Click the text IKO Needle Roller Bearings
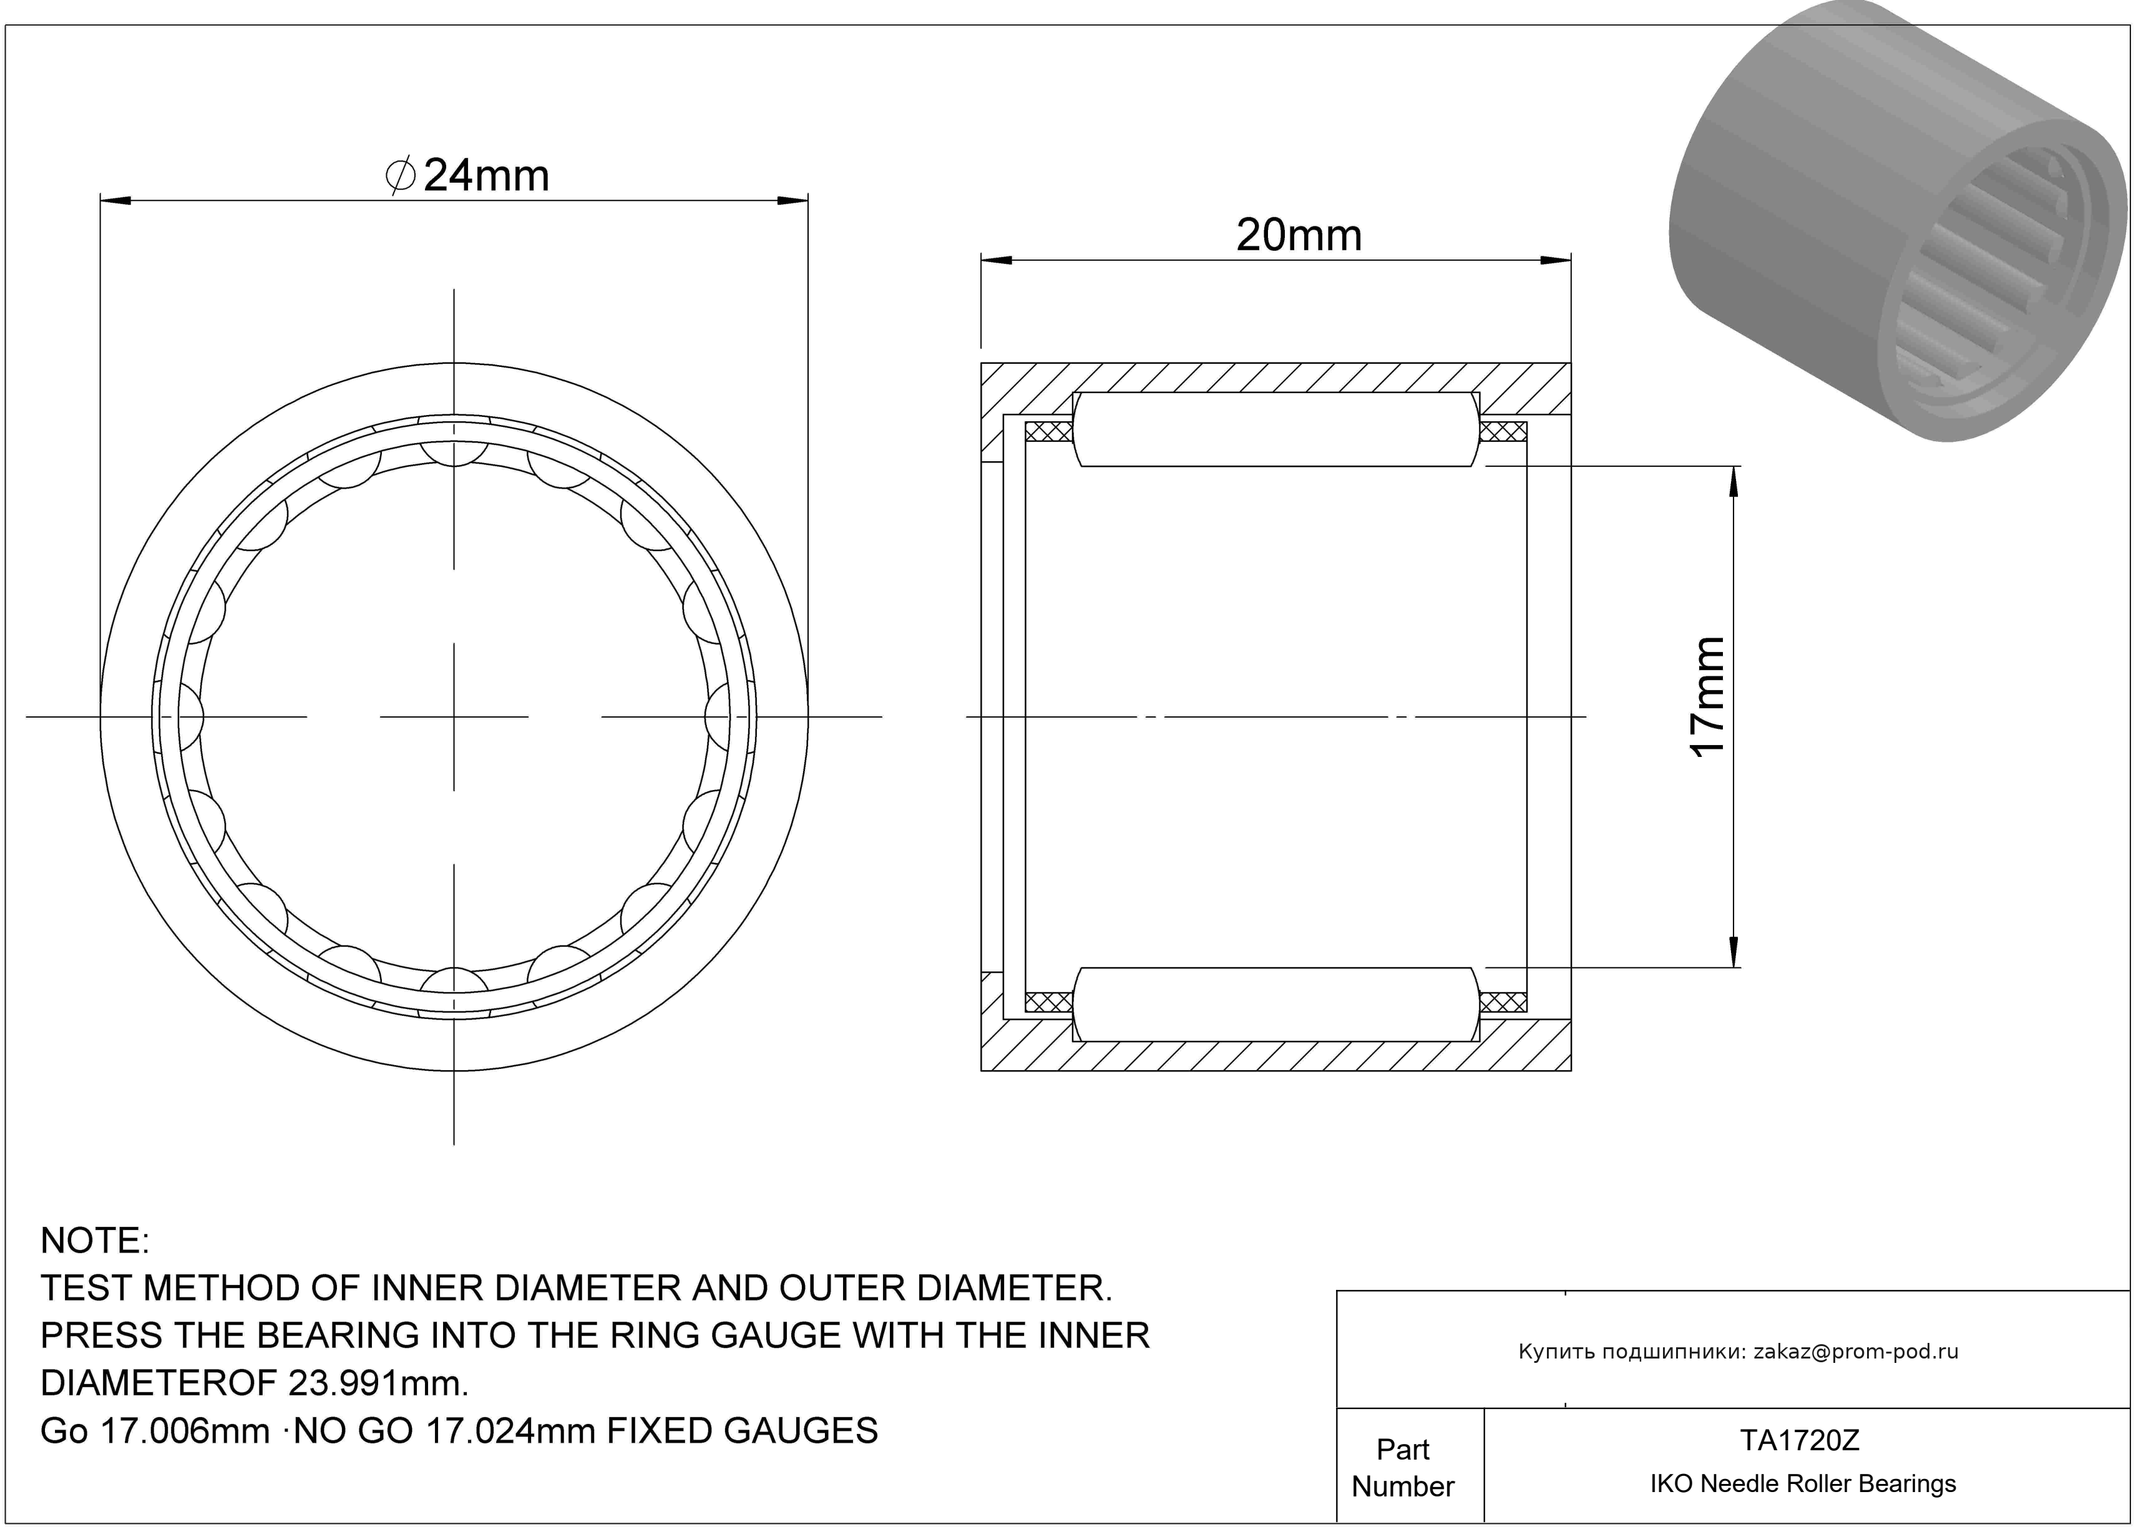tap(1803, 1484)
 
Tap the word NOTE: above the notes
tap(94, 1241)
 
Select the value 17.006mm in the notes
tap(185, 1432)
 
